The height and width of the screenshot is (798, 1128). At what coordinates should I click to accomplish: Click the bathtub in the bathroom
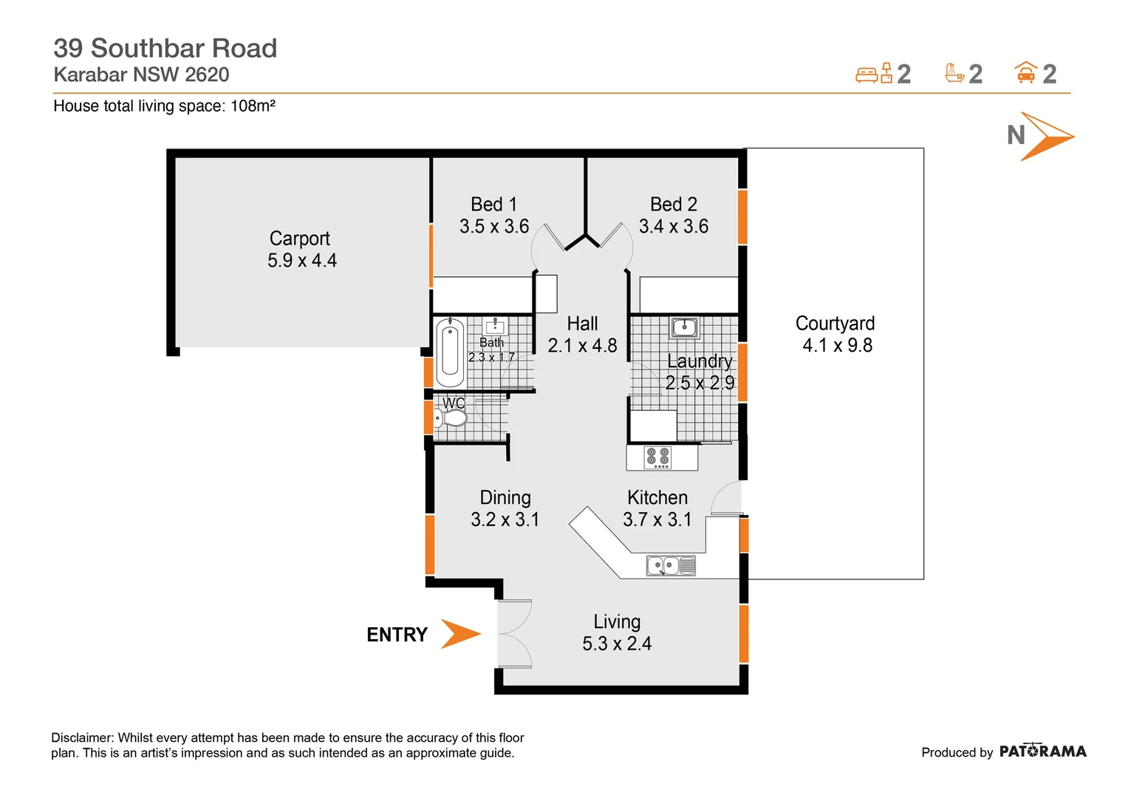[x=449, y=353]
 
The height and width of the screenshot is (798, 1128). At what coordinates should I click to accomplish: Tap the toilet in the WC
[x=452, y=419]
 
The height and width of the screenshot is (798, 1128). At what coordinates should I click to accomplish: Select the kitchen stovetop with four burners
[x=657, y=457]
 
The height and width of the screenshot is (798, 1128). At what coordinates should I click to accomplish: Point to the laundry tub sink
[x=684, y=327]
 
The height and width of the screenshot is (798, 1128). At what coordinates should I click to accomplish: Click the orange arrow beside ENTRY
[x=460, y=634]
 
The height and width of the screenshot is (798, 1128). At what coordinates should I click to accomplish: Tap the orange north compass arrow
[x=1046, y=136]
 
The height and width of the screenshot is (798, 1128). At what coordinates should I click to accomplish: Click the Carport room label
[x=299, y=239]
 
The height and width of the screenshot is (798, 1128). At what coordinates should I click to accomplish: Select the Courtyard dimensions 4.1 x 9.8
[x=837, y=346]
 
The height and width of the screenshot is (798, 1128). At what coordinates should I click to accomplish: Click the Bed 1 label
[x=493, y=205]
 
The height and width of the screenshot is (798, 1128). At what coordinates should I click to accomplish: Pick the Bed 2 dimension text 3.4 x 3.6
[x=673, y=227]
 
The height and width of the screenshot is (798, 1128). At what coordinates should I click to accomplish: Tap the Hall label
[x=582, y=324]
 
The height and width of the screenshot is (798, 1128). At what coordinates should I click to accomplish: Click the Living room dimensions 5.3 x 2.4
[x=617, y=644]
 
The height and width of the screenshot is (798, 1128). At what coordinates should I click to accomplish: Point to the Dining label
[x=505, y=498]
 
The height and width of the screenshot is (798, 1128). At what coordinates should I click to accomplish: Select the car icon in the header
[x=1025, y=73]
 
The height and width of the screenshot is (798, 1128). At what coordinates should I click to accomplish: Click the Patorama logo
[x=1042, y=751]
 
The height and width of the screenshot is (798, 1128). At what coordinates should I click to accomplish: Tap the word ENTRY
[x=397, y=635]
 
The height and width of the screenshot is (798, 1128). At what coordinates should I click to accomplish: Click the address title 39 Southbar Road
[x=165, y=48]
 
